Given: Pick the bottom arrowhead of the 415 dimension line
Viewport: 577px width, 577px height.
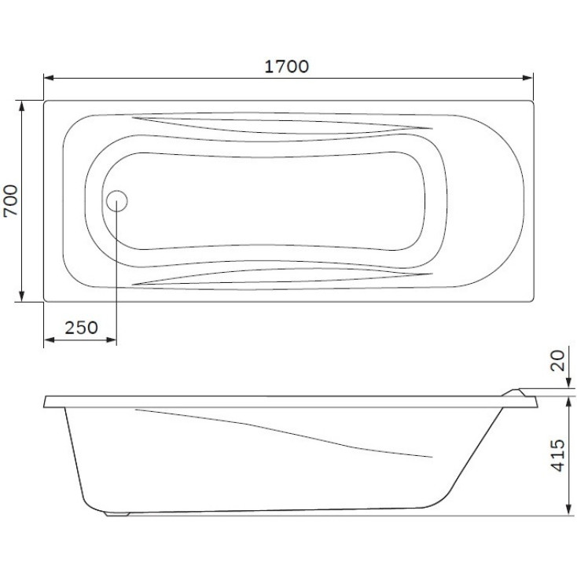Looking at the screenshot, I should coord(568,511).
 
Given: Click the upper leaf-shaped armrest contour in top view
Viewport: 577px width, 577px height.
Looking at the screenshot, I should coord(283,124).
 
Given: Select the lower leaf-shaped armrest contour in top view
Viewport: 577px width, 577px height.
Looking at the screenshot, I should coord(283,275).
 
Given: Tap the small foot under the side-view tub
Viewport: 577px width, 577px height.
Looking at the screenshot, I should coord(118,515).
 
